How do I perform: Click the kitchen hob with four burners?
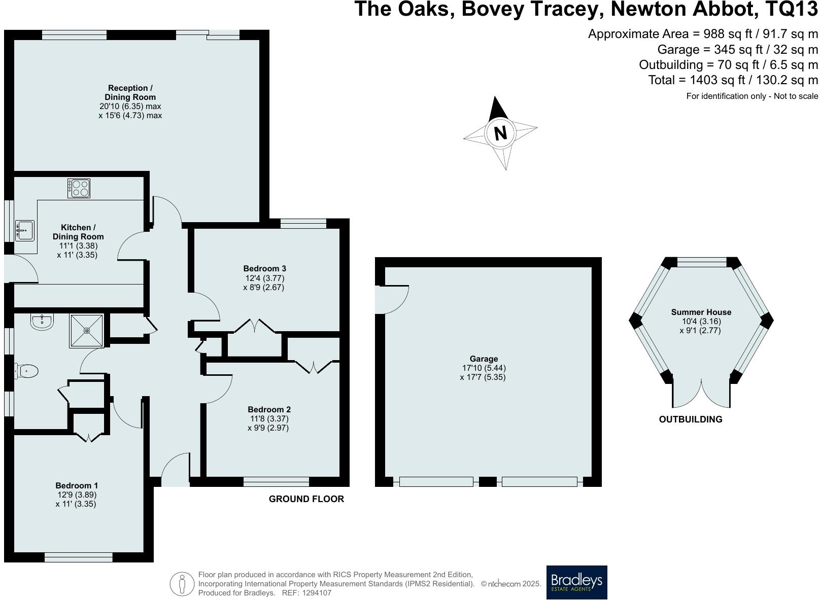click(79, 188)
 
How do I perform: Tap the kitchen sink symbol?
click(24, 230)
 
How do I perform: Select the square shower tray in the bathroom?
click(87, 331)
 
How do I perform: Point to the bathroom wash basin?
click(42, 322)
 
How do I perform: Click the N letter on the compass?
click(500, 133)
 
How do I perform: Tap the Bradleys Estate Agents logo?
click(576, 582)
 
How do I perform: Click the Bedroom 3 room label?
click(264, 269)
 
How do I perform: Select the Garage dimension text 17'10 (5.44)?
click(483, 368)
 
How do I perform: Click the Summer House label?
click(701, 312)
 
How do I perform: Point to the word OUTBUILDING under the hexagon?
click(690, 419)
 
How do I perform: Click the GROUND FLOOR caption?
click(306, 499)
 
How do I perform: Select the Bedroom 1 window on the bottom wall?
click(78, 557)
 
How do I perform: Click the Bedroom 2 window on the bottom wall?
click(276, 482)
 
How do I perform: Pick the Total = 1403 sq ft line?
click(733, 80)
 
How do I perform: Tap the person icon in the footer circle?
click(182, 584)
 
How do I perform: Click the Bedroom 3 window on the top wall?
click(303, 224)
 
